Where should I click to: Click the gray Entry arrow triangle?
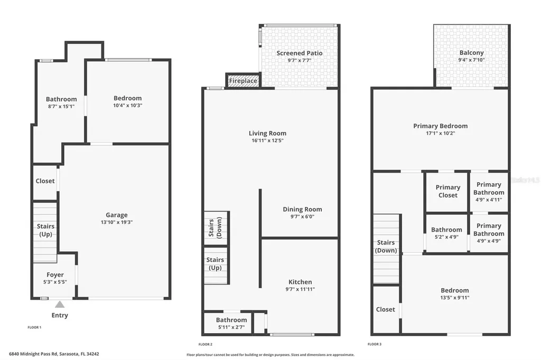click(x=60, y=304)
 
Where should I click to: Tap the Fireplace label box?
click(x=243, y=81)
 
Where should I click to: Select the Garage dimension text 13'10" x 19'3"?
click(x=116, y=222)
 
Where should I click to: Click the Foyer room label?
click(x=55, y=274)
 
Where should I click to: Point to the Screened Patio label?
click(x=299, y=53)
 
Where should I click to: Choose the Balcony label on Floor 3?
click(x=471, y=53)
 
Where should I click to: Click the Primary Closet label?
click(x=447, y=191)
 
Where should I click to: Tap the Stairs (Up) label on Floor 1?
click(x=45, y=230)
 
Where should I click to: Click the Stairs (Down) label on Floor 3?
click(x=386, y=247)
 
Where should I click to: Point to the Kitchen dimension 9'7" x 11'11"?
click(x=300, y=289)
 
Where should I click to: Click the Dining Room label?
click(x=302, y=209)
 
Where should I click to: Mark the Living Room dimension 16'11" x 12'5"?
click(x=267, y=140)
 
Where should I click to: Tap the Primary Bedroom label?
click(x=440, y=126)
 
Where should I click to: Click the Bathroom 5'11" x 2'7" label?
click(x=231, y=320)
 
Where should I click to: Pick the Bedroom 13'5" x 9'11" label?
click(x=454, y=290)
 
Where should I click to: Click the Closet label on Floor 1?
click(x=45, y=181)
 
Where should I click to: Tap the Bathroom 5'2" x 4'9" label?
click(x=446, y=230)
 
